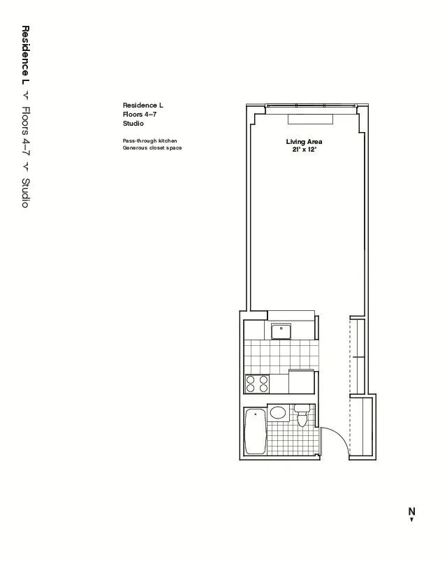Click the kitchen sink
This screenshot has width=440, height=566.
point(281,331)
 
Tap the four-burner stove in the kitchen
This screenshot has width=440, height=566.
point(256,384)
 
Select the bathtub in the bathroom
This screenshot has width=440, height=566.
point(255,432)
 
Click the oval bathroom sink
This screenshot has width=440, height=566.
point(278,413)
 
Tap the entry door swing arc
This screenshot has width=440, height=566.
point(337,437)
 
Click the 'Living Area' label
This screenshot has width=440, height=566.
point(304,142)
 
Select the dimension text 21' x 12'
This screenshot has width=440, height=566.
point(305,150)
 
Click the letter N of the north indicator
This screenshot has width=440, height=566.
point(411,511)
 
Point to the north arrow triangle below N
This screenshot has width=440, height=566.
point(412,519)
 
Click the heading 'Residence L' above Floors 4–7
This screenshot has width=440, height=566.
point(142,106)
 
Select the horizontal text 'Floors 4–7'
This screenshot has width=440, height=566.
point(139,114)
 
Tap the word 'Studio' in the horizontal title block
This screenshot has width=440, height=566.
point(133,123)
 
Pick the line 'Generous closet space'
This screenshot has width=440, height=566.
point(152,148)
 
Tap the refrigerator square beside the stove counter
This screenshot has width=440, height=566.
point(301,383)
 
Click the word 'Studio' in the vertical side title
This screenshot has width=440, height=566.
point(25,193)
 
